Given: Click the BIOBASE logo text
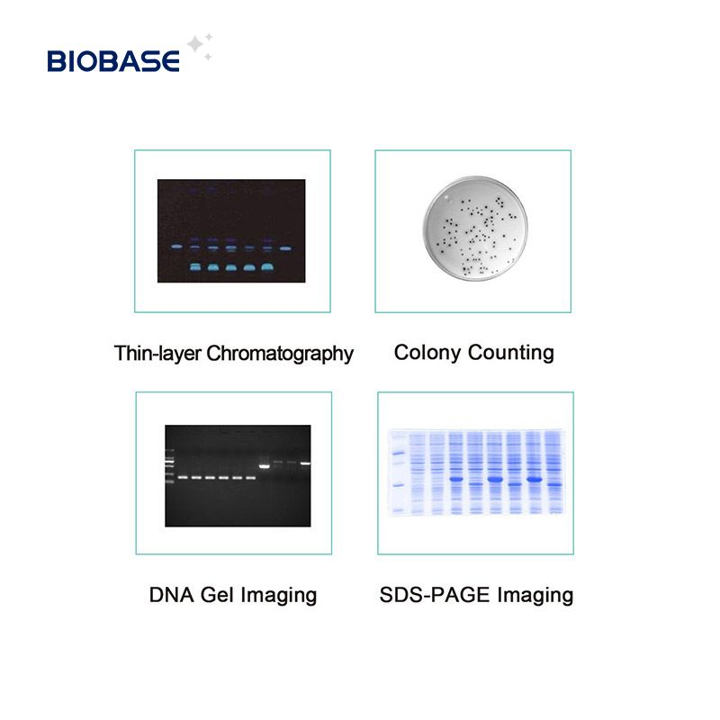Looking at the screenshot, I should tap(113, 61).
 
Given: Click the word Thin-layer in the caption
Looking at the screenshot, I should tap(157, 353).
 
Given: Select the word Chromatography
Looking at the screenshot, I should tap(280, 353).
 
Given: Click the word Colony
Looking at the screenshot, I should tap(428, 351).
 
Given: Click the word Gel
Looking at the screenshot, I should tap(217, 595).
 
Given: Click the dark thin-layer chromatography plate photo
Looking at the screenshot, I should tap(231, 230).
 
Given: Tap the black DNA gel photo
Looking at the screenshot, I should tap(238, 475).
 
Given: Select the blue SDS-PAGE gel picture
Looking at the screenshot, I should tap(476, 472).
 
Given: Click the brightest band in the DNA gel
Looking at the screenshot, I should tap(265, 465).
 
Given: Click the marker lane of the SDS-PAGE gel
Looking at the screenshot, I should tap(395, 472).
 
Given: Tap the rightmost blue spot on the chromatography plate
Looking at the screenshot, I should tap(286, 247).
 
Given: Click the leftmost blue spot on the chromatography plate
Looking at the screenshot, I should tap(176, 247).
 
